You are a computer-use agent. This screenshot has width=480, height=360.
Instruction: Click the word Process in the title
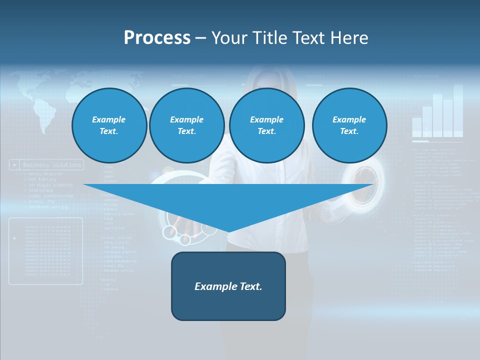coord(157,38)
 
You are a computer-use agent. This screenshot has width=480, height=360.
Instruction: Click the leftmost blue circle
coord(109,125)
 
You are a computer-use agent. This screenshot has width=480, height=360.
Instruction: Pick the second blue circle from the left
coord(186,125)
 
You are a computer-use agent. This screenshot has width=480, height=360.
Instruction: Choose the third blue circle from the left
coord(266,125)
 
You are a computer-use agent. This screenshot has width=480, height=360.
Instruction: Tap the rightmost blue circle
coord(349,125)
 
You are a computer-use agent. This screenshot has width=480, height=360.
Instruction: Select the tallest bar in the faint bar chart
coord(458,110)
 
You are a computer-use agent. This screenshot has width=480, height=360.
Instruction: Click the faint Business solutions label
coord(52,164)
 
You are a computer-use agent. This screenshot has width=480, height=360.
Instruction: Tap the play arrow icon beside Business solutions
coord(15,164)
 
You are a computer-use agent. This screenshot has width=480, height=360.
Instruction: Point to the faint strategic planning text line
coord(50,185)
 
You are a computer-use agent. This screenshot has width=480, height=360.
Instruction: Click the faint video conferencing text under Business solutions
coord(50,196)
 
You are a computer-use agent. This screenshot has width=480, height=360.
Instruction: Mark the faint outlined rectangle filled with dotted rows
coord(45,251)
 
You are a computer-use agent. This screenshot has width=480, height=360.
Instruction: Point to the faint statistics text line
coord(41,190)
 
